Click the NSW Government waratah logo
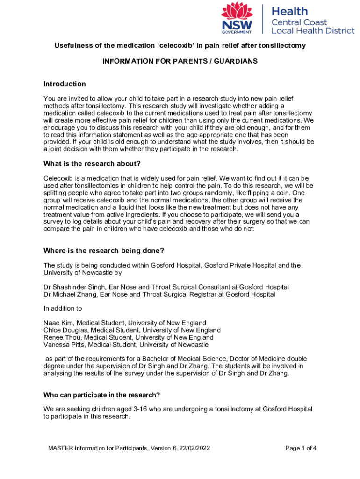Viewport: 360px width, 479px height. pyautogui.click(x=237, y=18)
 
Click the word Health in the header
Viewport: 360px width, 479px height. pyautogui.click(x=290, y=11)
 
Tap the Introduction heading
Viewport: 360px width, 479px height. pyautogui.click(x=65, y=84)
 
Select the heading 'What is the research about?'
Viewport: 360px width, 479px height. pyautogui.click(x=92, y=164)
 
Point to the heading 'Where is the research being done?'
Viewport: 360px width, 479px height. pyautogui.click(x=104, y=250)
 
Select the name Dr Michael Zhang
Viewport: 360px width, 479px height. pyautogui.click(x=70, y=294)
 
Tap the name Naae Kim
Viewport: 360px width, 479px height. pyautogui.click(x=58, y=323)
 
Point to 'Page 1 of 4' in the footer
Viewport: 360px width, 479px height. pyautogui.click(x=301, y=448)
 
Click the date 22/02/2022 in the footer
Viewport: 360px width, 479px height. pyautogui.click(x=194, y=448)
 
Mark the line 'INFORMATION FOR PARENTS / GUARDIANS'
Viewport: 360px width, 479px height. pyautogui.click(x=180, y=62)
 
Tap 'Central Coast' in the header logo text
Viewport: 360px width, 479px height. pyautogui.click(x=299, y=22)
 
